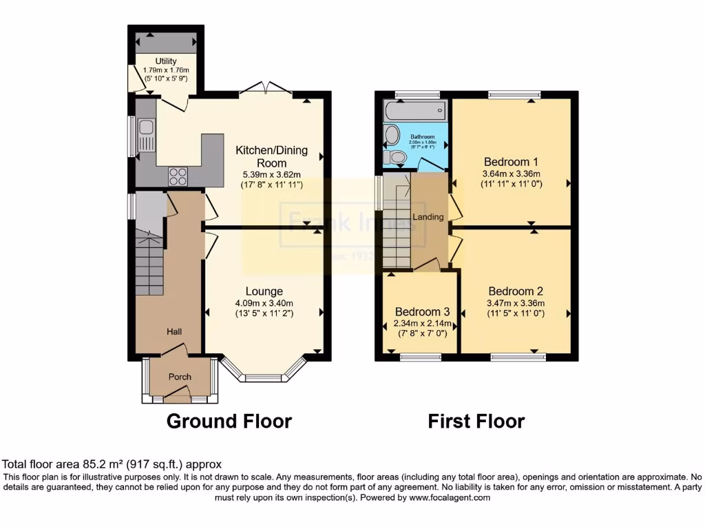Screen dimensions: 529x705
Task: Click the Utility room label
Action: pyautogui.click(x=166, y=61)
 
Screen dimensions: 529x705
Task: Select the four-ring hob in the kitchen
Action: pyautogui.click(x=178, y=176)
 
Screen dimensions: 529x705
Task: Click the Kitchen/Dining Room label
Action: pyautogui.click(x=271, y=156)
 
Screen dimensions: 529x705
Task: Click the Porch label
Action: pyautogui.click(x=180, y=377)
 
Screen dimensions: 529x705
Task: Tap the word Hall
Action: pyautogui.click(x=174, y=332)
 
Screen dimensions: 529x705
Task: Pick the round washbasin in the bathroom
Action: pyautogui.click(x=392, y=135)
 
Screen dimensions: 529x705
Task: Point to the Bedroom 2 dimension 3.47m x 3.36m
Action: pyautogui.click(x=516, y=303)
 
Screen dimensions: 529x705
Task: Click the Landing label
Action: pyautogui.click(x=428, y=217)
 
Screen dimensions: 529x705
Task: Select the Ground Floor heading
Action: pyautogui.click(x=229, y=421)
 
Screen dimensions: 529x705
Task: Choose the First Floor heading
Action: pyautogui.click(x=476, y=421)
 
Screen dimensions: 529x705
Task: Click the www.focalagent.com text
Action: pyautogui.click(x=450, y=497)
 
